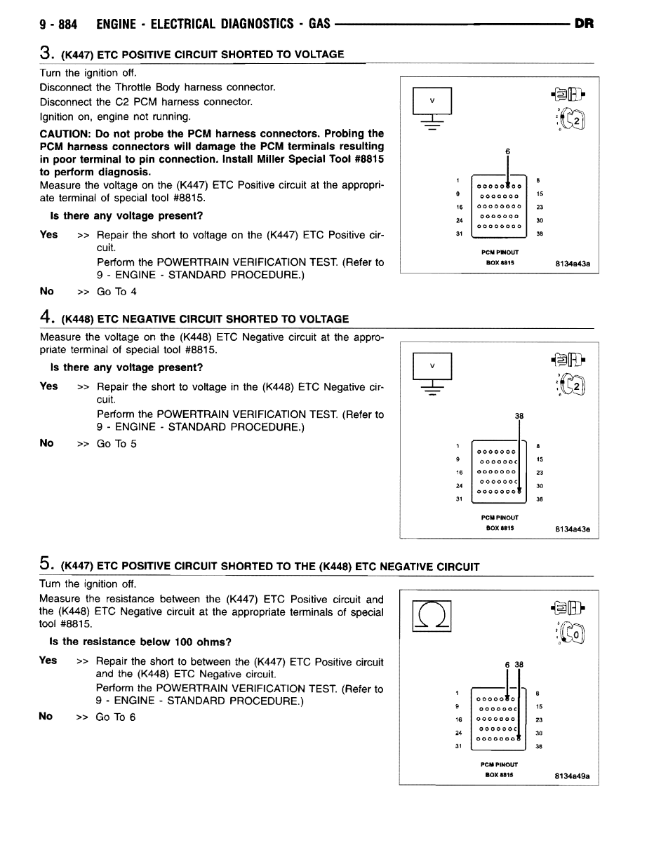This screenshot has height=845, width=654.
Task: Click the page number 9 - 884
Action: pos(58,24)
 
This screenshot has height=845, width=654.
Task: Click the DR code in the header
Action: pos(584,24)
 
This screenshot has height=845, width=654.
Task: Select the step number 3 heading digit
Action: pos(44,54)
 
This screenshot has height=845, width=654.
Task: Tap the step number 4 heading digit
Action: pos(44,318)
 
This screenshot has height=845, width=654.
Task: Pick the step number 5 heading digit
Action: pos(44,565)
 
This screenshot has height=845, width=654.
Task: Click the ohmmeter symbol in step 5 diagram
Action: pos(432,615)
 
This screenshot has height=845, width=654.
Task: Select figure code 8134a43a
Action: pos(572,264)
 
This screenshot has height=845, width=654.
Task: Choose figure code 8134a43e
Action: pos(572,529)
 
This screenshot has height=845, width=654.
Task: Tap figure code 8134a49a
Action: pos(572,776)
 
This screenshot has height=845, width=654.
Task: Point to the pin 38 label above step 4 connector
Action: pos(519,416)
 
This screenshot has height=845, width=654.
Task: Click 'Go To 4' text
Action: pos(116,292)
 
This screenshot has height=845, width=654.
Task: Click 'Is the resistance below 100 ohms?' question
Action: pos(140,642)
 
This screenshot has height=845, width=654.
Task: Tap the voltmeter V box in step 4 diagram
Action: pos(432,366)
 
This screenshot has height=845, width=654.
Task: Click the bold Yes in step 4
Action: pos(49,386)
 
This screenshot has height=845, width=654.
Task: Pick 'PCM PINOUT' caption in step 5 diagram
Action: pos(500,764)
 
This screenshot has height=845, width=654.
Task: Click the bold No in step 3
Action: pos(47,291)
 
